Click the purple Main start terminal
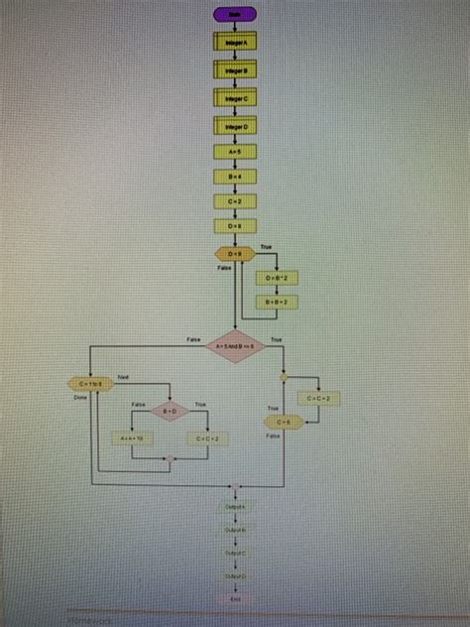(235, 14)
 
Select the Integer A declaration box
(235, 43)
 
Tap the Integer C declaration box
(235, 98)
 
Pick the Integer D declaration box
(235, 125)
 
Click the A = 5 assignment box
(235, 153)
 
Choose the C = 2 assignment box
(235, 201)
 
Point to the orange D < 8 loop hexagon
(235, 255)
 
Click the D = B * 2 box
(275, 279)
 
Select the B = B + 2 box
(275, 303)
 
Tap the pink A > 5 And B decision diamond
(235, 346)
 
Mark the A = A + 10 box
(131, 438)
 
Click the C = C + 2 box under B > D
(207, 438)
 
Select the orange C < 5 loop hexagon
(284, 423)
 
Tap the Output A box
(235, 506)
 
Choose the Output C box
(235, 553)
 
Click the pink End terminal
(235, 599)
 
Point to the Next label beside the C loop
(124, 376)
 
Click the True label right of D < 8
(266, 246)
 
